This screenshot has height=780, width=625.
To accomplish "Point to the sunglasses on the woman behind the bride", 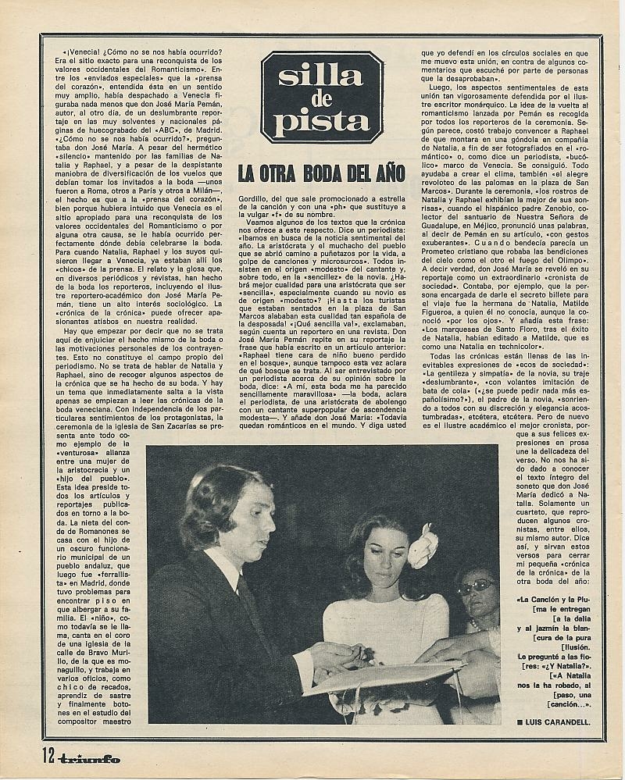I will pos(477,587).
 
